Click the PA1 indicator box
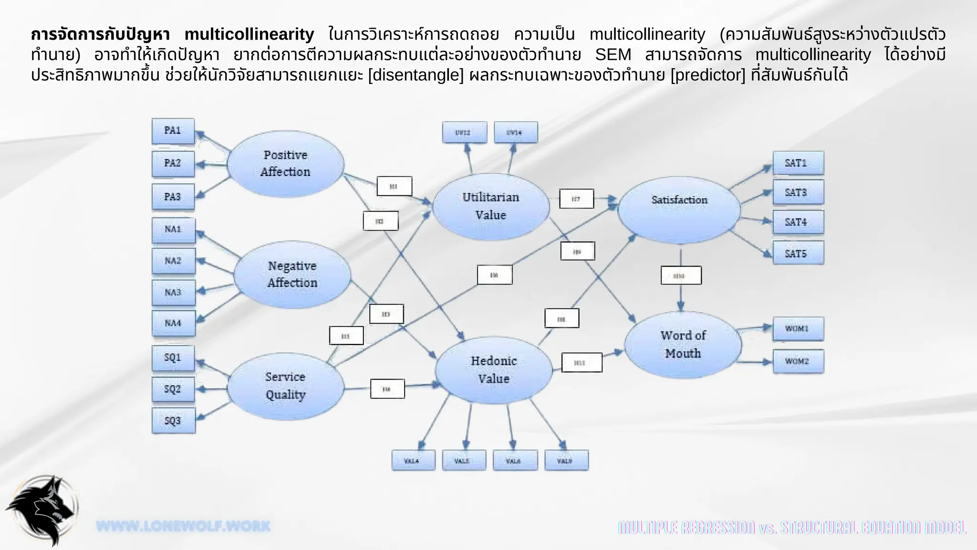click(x=173, y=131)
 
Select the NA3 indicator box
click(x=173, y=292)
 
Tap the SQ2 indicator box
click(x=173, y=389)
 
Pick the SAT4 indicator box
click(x=798, y=222)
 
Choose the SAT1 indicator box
click(x=798, y=163)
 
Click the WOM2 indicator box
click(x=798, y=361)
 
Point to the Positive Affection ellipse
click(x=285, y=164)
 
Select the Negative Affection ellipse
click(x=292, y=275)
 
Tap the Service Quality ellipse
click(x=285, y=386)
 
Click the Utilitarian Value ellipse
click(x=490, y=206)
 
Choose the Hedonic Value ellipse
click(x=493, y=370)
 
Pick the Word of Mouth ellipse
click(x=683, y=345)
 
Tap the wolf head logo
click(x=42, y=510)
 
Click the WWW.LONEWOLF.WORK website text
click(x=183, y=527)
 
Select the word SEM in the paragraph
click(x=613, y=55)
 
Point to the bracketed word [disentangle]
click(x=416, y=75)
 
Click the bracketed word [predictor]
click(x=707, y=75)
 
